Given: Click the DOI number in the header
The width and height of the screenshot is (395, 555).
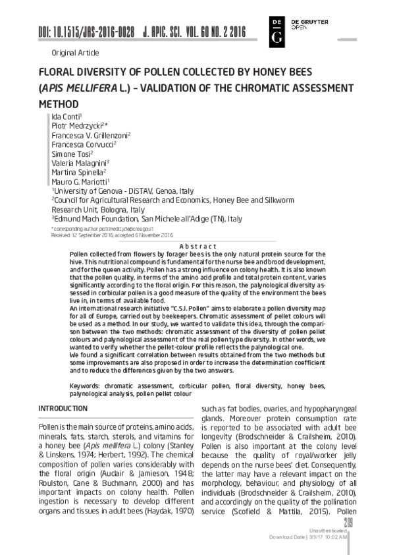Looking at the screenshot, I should click(x=86, y=32).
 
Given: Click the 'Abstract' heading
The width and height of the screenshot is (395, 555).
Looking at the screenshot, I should click(x=198, y=245).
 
